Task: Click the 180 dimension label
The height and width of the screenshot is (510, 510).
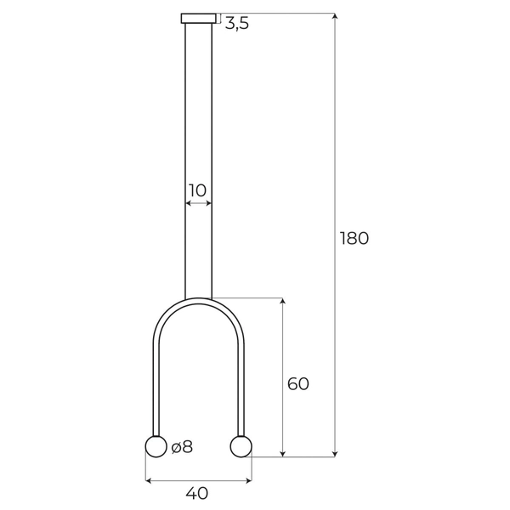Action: (354, 238)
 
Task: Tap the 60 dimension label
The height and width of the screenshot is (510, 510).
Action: (297, 384)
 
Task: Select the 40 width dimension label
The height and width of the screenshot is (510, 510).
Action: (197, 493)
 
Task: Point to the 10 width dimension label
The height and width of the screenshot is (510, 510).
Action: (197, 190)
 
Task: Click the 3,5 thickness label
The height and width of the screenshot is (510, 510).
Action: (237, 25)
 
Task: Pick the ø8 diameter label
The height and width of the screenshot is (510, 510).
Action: (182, 447)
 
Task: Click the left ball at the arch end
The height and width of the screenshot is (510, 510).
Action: (156, 446)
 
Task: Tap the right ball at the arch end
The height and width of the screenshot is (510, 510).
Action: (241, 446)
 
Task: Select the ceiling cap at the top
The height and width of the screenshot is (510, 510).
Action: (198, 19)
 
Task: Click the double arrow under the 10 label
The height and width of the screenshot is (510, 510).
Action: (198, 204)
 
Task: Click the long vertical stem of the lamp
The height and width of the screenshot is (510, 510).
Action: (198, 127)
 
